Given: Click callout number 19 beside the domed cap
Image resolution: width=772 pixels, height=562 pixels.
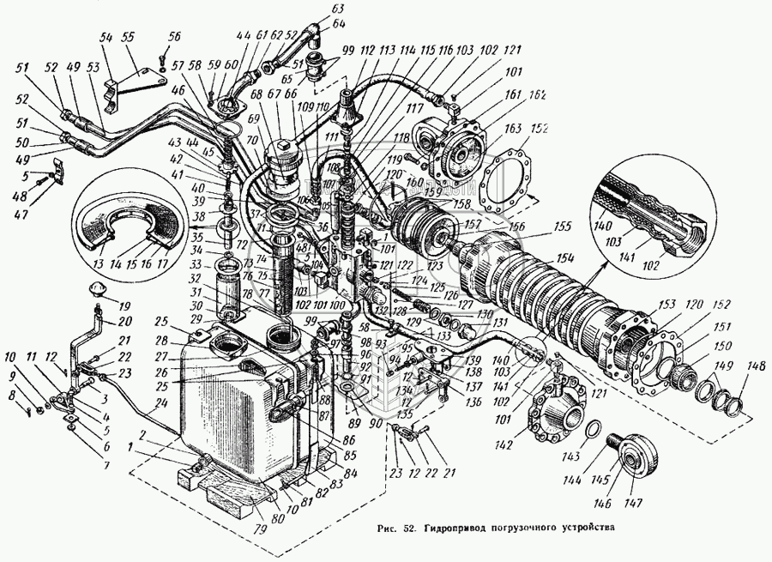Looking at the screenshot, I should point(125,305).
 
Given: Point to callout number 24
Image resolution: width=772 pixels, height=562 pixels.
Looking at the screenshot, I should point(161,401).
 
